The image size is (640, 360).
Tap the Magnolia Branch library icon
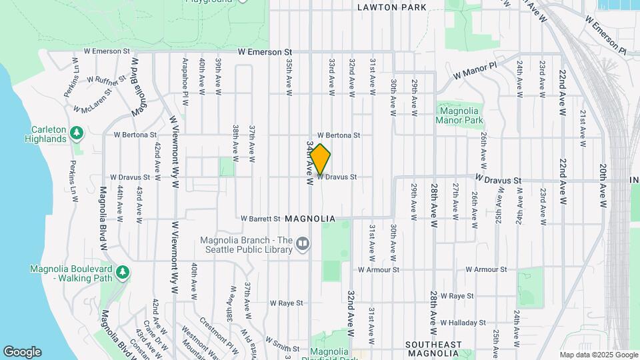pyautogui.click(x=303, y=244)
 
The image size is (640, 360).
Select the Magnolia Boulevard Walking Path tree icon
pyautogui.click(x=122, y=272)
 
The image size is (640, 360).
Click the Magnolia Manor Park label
pyautogui.click(x=457, y=115)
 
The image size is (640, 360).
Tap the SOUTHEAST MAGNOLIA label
pyautogui.click(x=433, y=349)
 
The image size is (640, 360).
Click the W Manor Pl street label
pyautogui.click(x=475, y=71)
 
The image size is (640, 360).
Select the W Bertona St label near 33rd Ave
pyautogui.click(x=339, y=135)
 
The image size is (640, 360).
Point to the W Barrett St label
pyautogui.click(x=260, y=218)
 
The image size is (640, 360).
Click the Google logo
pyautogui.click(x=22, y=352)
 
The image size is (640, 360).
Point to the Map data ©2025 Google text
pyautogui.click(x=598, y=355)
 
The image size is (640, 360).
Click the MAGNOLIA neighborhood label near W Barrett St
pyautogui.click(x=308, y=218)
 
